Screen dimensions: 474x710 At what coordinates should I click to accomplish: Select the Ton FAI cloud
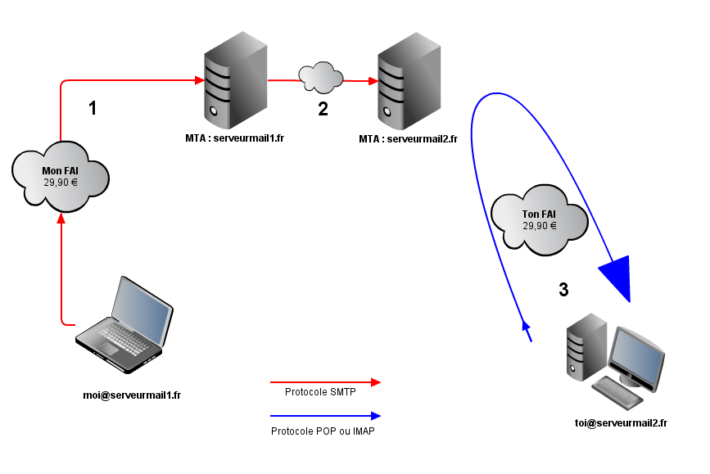540,219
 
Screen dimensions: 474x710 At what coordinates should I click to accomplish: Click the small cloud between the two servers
320,77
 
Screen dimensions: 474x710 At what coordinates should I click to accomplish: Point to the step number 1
93,108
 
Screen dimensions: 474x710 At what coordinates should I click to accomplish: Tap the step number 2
323,109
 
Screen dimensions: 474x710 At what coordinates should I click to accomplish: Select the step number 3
563,289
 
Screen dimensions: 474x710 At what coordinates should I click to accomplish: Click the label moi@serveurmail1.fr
132,395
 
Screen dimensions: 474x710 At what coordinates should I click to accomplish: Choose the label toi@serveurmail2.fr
621,422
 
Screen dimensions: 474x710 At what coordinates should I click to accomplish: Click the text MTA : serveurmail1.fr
234,138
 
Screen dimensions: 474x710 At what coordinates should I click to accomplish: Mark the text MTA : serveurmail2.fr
408,139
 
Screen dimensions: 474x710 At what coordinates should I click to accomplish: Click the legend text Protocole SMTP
320,392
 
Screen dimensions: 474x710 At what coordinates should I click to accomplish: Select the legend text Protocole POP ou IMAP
323,431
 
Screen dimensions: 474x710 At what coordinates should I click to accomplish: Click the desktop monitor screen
637,358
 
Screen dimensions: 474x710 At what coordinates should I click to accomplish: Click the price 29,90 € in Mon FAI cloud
61,183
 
